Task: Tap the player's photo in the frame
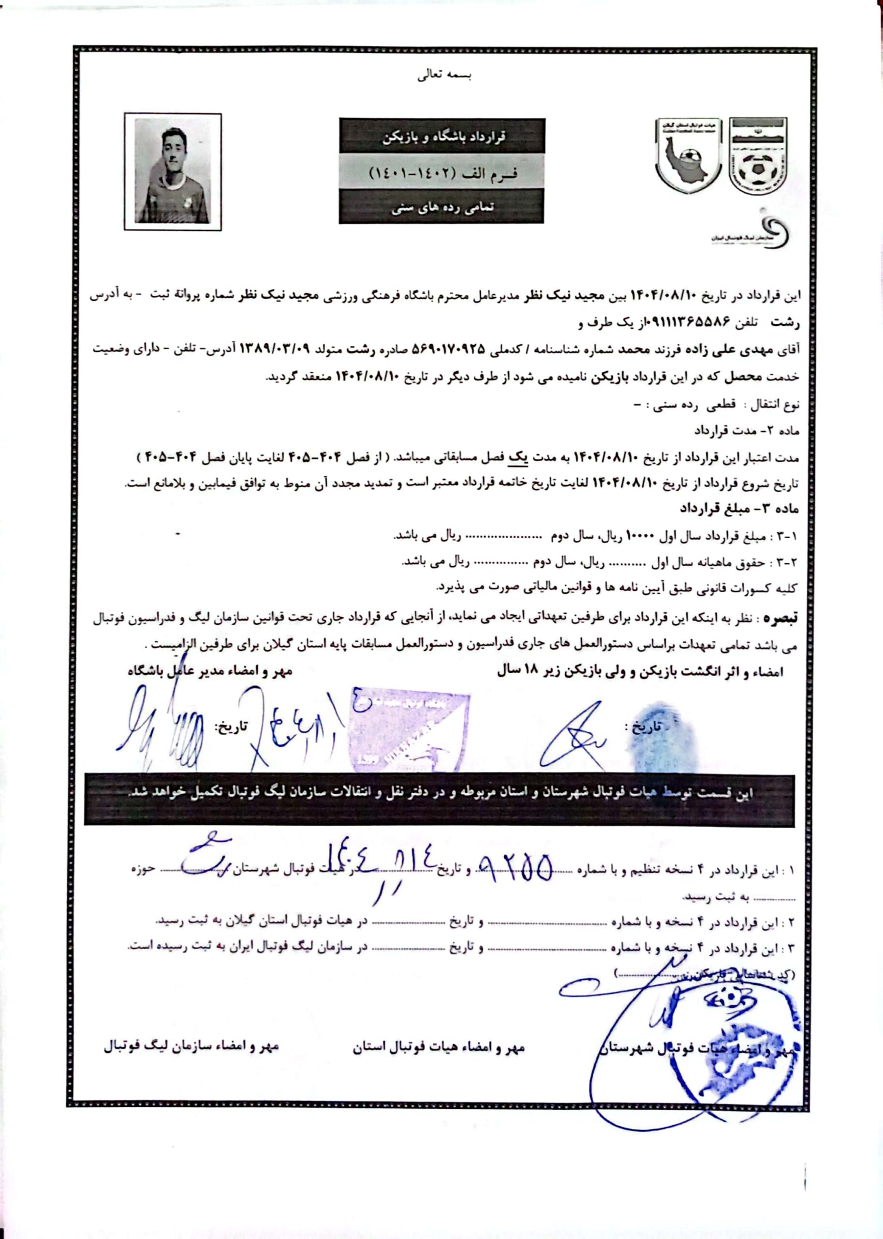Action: click(x=172, y=171)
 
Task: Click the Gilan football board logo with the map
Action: click(x=688, y=156)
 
